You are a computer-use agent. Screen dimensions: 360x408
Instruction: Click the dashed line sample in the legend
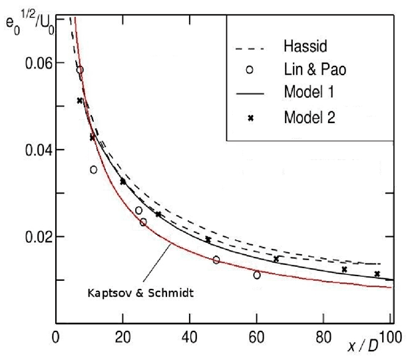[251, 49]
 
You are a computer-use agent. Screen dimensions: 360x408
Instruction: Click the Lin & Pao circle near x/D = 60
[257, 275]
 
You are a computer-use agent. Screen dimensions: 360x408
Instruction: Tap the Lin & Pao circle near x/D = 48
[216, 260]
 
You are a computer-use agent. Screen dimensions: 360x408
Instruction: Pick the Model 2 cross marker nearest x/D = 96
[377, 273]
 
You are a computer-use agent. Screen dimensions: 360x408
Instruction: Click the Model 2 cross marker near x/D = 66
[276, 259]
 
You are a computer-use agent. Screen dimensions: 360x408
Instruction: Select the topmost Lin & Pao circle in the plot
[80, 70]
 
